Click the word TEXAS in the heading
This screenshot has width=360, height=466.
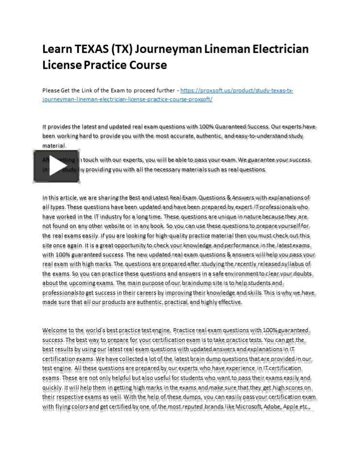[91, 50]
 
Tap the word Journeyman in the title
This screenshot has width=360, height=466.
[163, 50]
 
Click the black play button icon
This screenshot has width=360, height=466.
[56, 166]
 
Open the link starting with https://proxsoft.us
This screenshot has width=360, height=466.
[238, 90]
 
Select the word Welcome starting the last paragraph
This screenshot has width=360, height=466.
[57, 330]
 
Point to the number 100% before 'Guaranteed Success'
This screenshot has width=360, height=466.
[200, 126]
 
